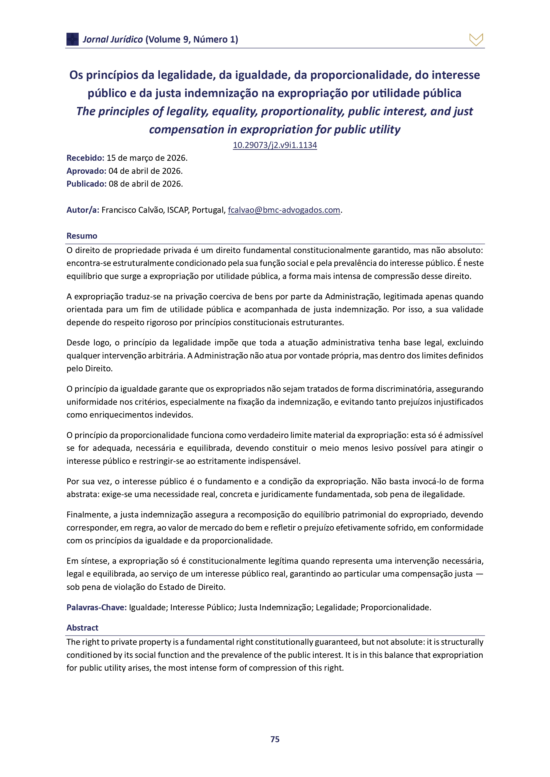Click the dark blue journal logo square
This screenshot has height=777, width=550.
coord(72,39)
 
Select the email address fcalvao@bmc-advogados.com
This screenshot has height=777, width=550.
coord(284,210)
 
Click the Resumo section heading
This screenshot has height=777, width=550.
coord(82,236)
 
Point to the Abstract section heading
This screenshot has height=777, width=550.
coord(82,628)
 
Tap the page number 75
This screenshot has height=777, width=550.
coord(275,739)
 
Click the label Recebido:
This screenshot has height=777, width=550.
coord(85,158)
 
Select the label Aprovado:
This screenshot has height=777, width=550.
coord(86,171)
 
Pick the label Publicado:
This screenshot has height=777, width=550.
coord(86,184)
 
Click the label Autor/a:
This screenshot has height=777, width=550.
coord(83,210)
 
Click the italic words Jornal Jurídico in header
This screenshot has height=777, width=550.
coord(113,40)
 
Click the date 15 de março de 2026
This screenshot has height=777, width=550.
coord(147,158)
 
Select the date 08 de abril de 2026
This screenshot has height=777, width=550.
coord(146,184)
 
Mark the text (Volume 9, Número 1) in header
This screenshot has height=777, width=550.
coord(192,40)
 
